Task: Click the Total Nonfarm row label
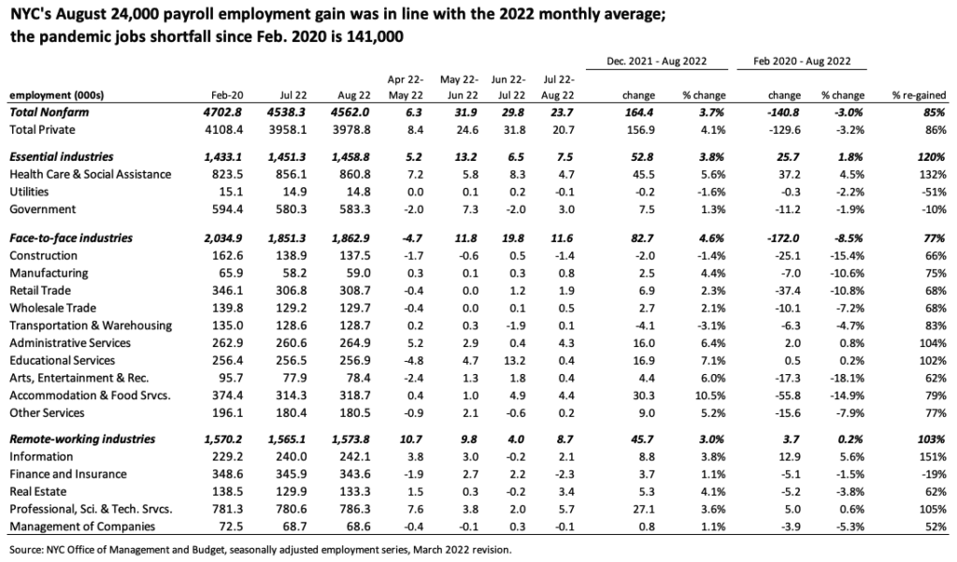(x=49, y=112)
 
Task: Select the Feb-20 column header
(x=227, y=95)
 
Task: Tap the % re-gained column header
(x=919, y=95)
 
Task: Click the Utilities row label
(x=29, y=192)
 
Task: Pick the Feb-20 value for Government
(x=227, y=209)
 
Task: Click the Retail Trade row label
(x=39, y=291)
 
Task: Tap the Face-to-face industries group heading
(x=71, y=238)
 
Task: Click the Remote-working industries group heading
(x=82, y=440)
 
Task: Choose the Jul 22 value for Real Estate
(x=292, y=492)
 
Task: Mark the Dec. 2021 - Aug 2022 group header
(x=657, y=61)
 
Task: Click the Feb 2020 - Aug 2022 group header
(x=802, y=61)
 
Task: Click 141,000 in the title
(x=374, y=36)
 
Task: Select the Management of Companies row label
(x=82, y=526)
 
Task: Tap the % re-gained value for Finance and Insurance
(x=934, y=474)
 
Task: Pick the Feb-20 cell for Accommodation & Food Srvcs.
(x=227, y=396)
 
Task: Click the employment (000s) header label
(x=57, y=95)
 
